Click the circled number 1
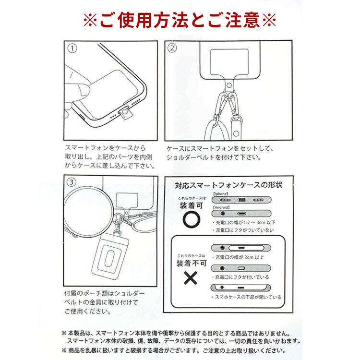tap(72, 48)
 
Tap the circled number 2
tap(172, 48)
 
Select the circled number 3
tap(71, 182)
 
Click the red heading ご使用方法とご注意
tap(180, 21)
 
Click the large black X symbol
tap(191, 278)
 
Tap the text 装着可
tap(192, 206)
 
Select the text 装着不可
tap(192, 264)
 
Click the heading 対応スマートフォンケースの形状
tap(228, 185)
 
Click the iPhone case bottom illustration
tap(241, 200)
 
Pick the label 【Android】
tap(221, 207)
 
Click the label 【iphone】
tap(220, 194)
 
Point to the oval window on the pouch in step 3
tap(110, 259)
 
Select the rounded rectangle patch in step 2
tap(229, 62)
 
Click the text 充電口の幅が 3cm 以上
tap(240, 257)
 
